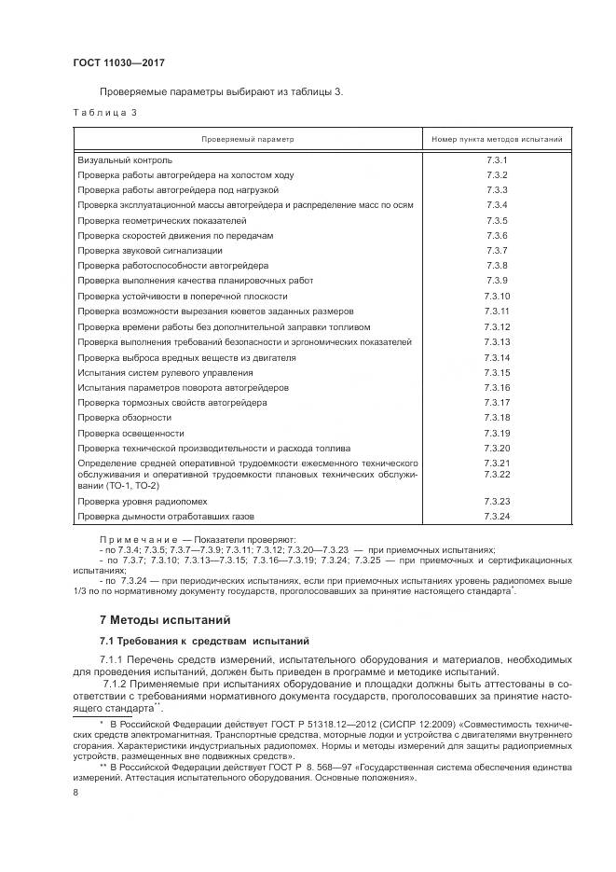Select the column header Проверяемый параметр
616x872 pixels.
[x=247, y=139]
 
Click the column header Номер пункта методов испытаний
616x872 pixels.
[x=496, y=139]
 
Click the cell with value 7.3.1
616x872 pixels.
[x=496, y=159]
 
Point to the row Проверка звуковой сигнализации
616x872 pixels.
[x=149, y=250]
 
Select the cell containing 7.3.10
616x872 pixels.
[x=496, y=296]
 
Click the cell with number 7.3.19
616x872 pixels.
[x=496, y=433]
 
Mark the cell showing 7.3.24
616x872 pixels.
[x=496, y=516]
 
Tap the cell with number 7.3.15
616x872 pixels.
[x=496, y=372]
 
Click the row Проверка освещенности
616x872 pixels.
[x=130, y=433]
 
